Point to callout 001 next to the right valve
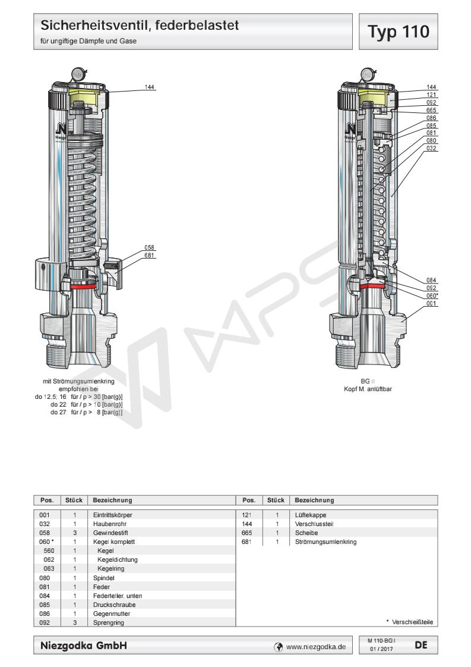[432, 303]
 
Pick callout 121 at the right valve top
[432, 94]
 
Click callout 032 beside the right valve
[432, 148]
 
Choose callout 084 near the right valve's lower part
[432, 280]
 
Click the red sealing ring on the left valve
[83, 286]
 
